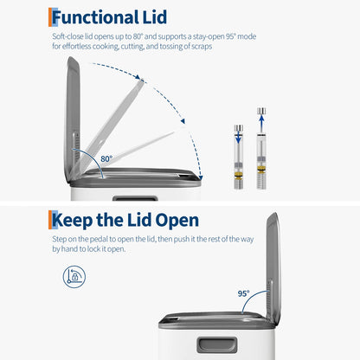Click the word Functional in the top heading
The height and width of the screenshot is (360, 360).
point(95,17)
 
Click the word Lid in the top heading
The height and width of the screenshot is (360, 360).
point(155,17)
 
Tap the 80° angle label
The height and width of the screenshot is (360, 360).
point(106,158)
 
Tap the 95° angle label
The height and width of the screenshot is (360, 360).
point(243,293)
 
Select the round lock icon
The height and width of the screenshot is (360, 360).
point(74,277)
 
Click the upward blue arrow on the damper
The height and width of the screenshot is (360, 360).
point(261,122)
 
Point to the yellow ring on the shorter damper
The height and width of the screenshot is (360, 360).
point(239,175)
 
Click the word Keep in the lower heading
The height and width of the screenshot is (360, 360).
point(73,221)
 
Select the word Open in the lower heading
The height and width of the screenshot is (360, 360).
point(177,221)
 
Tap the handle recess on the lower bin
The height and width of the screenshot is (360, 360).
point(217,345)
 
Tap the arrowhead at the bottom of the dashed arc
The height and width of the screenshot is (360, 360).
point(201,177)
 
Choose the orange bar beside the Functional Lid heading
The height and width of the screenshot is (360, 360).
point(50,17)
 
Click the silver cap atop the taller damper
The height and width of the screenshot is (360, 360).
point(261,111)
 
